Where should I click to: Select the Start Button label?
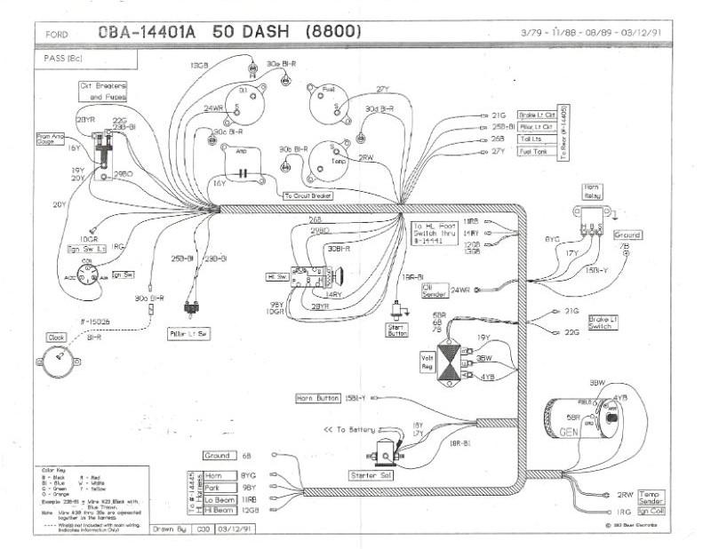397,330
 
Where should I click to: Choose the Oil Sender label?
433,290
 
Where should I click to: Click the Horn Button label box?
319,399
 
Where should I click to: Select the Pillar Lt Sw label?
188,332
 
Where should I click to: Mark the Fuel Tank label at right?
536,152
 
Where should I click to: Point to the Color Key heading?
55,470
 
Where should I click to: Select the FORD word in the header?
57,35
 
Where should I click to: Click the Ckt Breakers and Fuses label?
102,90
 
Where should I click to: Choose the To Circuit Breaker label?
307,195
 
